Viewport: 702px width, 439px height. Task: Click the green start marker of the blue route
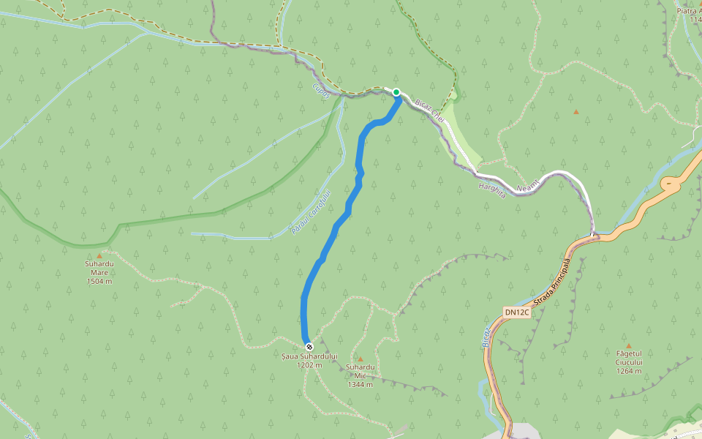click(x=396, y=92)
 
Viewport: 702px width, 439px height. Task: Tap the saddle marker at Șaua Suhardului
click(x=309, y=346)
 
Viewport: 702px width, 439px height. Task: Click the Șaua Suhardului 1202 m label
click(x=310, y=360)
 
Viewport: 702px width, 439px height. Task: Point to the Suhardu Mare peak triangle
click(x=99, y=256)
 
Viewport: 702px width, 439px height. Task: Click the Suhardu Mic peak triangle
click(x=360, y=359)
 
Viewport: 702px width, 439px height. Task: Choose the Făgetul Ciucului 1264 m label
click(x=628, y=362)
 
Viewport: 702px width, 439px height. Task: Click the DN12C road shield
click(x=517, y=312)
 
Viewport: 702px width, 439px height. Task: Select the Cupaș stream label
click(x=321, y=91)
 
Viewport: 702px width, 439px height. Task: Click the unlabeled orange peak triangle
click(x=575, y=112)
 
